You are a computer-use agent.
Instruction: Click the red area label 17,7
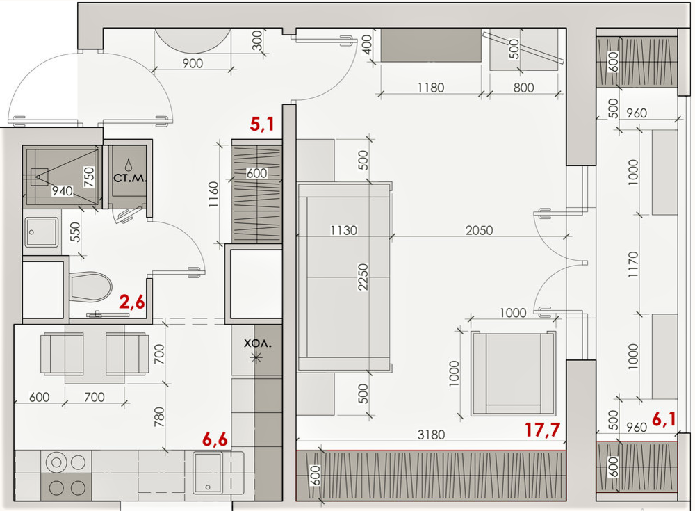pos(542,430)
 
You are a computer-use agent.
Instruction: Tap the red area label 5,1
pos(261,124)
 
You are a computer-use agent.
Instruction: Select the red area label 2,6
pos(131,302)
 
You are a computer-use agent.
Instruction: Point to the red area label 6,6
pos(215,439)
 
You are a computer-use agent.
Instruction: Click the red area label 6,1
pos(664,419)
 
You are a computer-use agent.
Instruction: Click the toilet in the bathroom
pos(90,286)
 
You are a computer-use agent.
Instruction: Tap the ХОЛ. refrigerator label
pos(258,343)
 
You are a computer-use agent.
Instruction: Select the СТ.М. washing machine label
pos(129,178)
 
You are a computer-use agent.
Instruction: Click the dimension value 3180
pos(431,435)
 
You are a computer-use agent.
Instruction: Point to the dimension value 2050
pos(479,230)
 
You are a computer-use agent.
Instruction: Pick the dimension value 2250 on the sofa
pos(363,277)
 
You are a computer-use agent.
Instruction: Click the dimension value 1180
pos(431,88)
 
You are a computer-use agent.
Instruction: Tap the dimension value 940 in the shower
pos(62,191)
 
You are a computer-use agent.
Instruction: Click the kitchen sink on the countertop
pos(207,473)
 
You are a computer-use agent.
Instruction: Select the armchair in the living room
pos(514,373)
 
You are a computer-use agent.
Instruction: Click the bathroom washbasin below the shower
pos(42,232)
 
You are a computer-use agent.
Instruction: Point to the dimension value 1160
pos(213,195)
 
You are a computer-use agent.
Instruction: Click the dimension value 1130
pos(343,230)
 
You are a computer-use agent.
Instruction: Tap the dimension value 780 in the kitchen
pos(158,417)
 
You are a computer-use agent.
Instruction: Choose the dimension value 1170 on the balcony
pos(633,265)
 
